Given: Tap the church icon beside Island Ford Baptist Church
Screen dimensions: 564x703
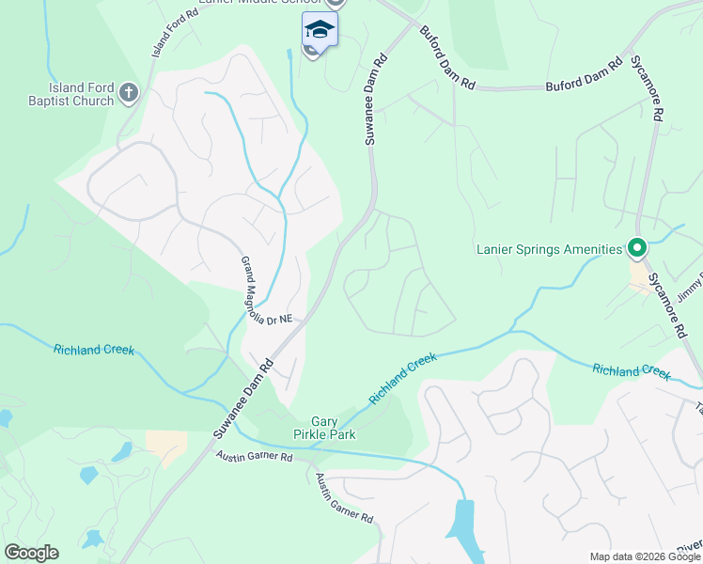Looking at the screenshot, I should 129,92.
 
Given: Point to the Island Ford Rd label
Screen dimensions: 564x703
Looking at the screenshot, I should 175,29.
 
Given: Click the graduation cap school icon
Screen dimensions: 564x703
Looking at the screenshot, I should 320,29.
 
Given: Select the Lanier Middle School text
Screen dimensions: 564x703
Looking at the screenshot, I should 268,4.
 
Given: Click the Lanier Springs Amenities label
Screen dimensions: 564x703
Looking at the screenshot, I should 550,249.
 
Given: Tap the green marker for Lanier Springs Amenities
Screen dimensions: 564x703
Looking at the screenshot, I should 636,249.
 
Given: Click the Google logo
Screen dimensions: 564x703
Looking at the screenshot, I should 31,553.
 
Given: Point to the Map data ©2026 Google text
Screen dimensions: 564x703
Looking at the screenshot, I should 644,556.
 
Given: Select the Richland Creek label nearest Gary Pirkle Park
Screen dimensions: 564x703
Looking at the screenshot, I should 403,378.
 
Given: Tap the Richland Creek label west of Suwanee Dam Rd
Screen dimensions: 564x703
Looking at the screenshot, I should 93,350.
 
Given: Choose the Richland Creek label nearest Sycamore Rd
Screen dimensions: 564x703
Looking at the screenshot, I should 632,370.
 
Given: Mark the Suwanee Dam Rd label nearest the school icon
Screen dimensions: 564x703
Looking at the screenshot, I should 374,98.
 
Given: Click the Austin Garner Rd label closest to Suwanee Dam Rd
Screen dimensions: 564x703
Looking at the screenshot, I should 254,457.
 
